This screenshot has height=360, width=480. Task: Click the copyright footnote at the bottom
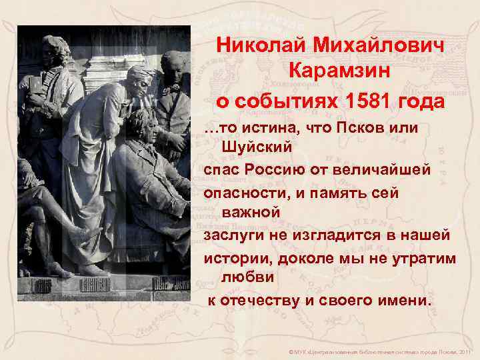(377, 351)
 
